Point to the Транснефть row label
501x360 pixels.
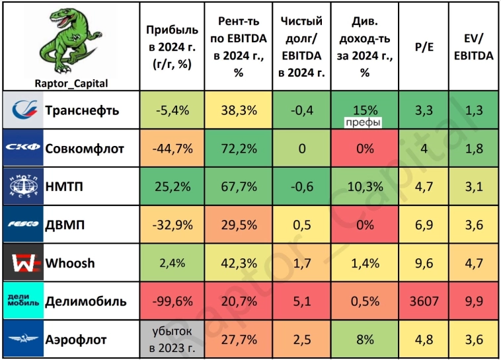coord(82,110)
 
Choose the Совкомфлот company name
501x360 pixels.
coord(85,148)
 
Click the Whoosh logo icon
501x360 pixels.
coord(23,264)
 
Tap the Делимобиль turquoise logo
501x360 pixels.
coord(23,301)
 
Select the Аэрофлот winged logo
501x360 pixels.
coord(23,340)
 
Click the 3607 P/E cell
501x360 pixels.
coord(423,302)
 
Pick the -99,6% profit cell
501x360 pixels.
coord(172,302)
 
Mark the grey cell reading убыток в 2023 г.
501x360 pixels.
coord(172,340)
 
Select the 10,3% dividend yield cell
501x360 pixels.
coord(365,186)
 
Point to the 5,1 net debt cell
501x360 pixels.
coord(301,302)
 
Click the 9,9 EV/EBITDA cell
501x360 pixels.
coord(473,302)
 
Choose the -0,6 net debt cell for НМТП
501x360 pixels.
coord(301,186)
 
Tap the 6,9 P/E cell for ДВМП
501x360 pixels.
coord(423,225)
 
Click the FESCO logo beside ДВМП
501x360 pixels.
coord(23,225)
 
